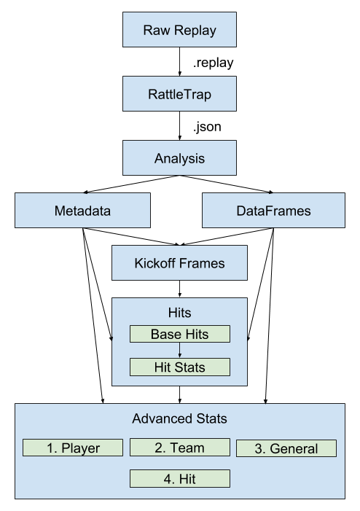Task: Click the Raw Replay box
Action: click(179, 32)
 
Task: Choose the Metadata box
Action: click(82, 211)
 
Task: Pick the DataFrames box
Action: click(273, 211)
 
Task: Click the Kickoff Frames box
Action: click(179, 262)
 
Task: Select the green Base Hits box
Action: click(179, 335)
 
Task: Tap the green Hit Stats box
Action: click(179, 367)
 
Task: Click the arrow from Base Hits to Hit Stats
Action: click(179, 351)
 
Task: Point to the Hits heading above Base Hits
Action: click(179, 313)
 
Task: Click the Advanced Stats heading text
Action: click(179, 418)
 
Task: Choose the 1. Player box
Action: click(73, 448)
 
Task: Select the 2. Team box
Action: click(179, 448)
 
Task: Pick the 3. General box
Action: click(286, 448)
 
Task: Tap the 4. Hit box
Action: click(179, 479)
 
